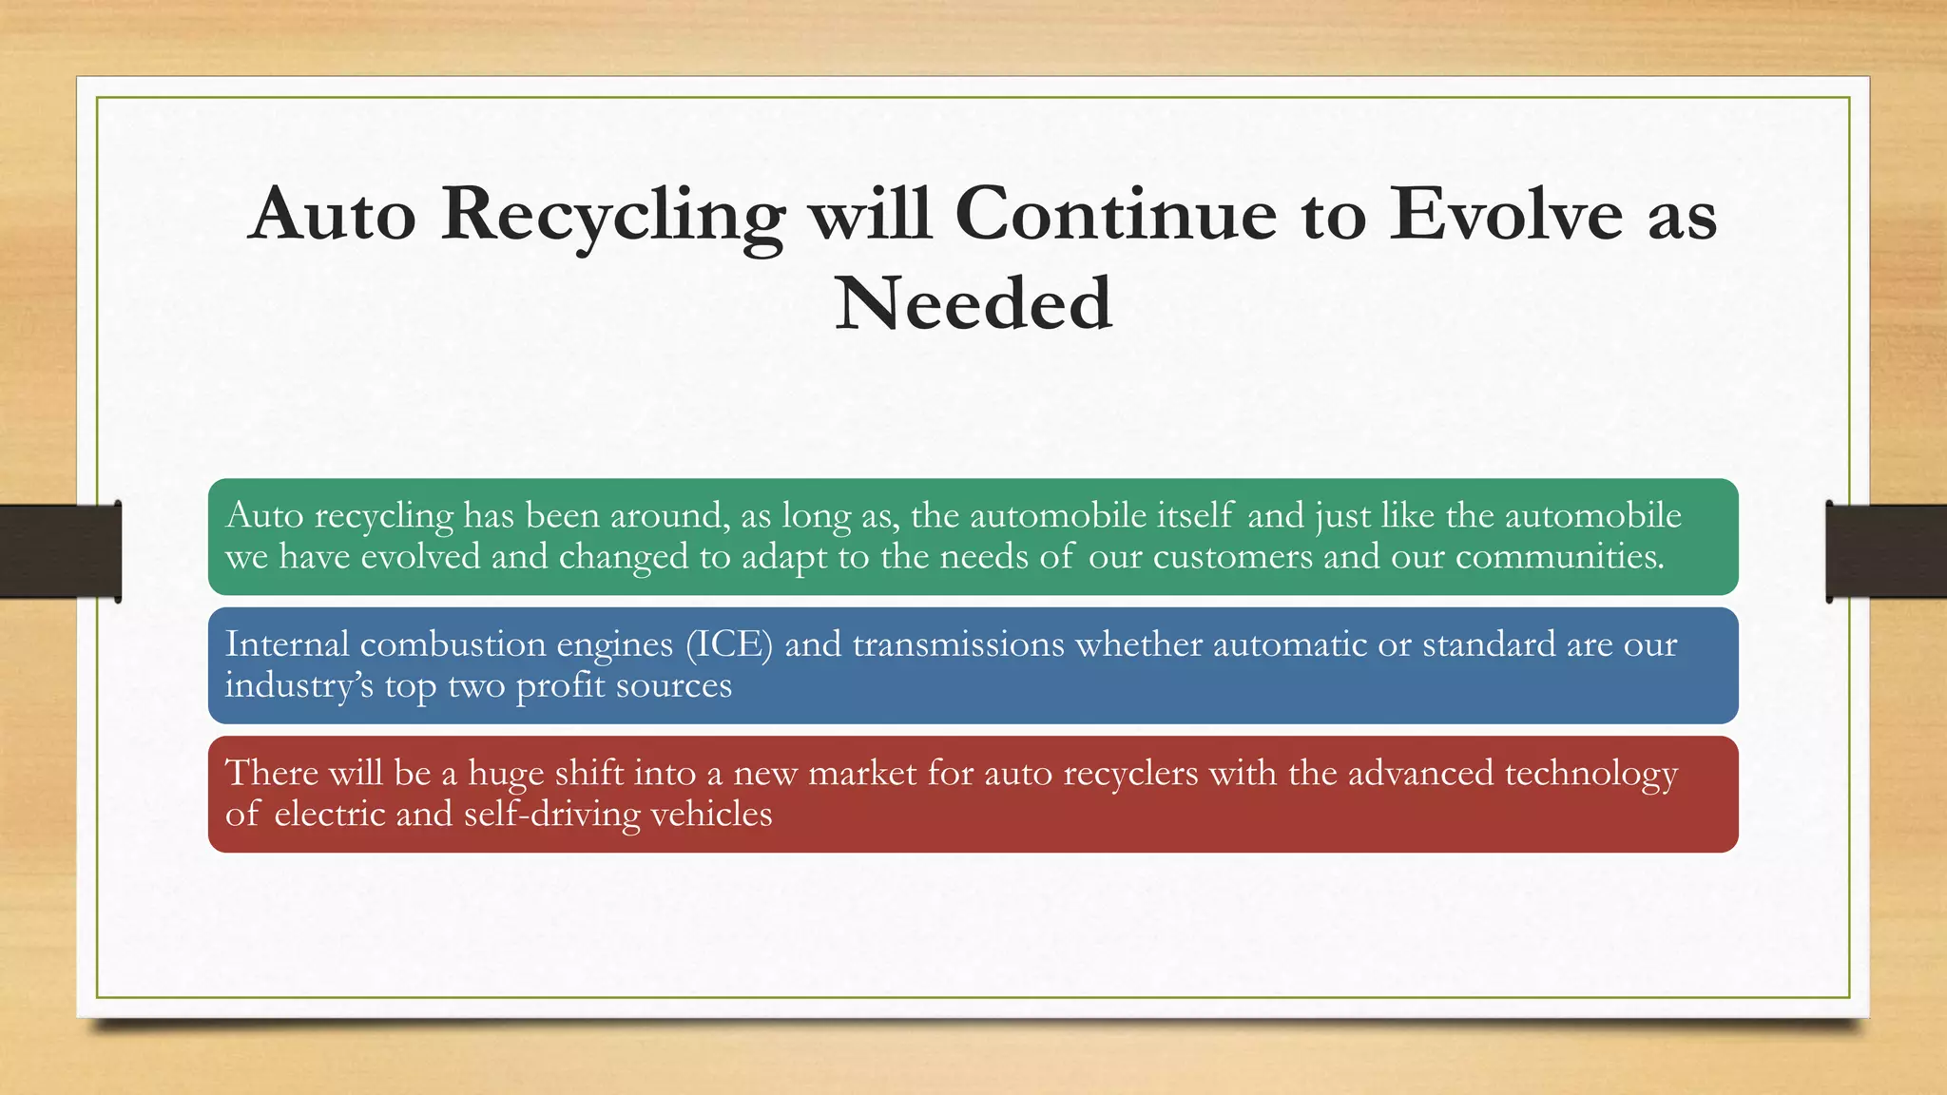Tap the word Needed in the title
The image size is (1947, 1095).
[x=973, y=304]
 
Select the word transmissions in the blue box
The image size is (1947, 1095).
[x=958, y=644]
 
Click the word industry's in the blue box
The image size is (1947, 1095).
[x=299, y=685]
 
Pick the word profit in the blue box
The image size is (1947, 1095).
[x=560, y=686]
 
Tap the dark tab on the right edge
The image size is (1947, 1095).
[x=1886, y=551]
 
